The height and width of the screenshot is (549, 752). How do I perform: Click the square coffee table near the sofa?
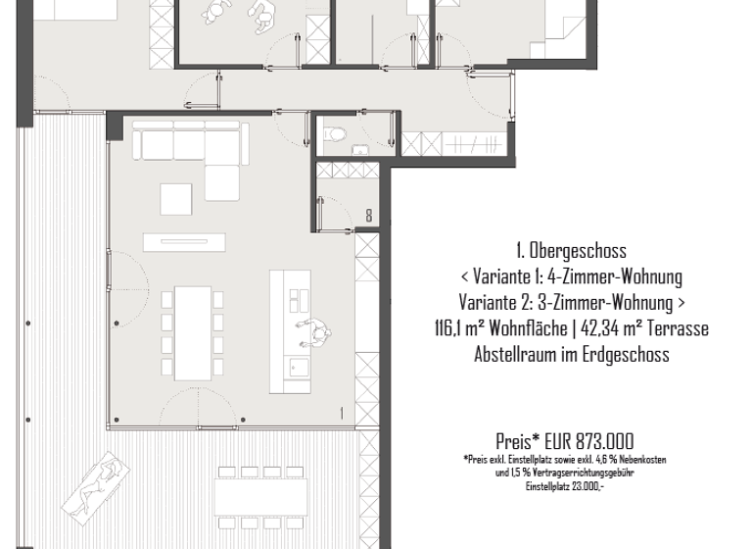point(178,199)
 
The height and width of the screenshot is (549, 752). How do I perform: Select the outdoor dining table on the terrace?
point(261,496)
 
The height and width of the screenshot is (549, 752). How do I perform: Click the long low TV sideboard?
point(185,241)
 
